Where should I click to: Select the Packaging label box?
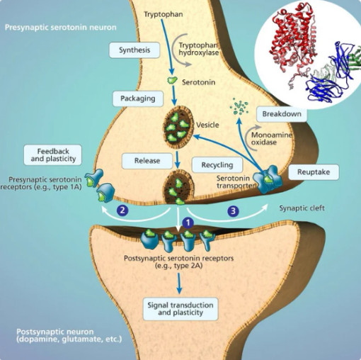137,98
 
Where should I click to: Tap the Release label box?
142,160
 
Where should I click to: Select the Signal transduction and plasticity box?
180,308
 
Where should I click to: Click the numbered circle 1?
188,223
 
